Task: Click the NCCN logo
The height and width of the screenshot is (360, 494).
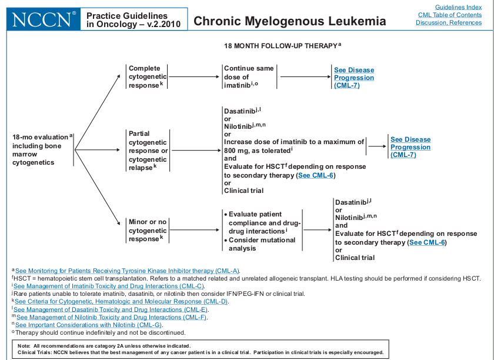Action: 42,19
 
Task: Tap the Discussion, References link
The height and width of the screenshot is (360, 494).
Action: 449,22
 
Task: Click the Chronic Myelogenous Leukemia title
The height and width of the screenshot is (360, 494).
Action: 289,21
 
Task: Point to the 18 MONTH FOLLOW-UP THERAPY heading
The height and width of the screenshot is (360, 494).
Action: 281,45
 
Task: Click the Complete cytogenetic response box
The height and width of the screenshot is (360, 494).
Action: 147,76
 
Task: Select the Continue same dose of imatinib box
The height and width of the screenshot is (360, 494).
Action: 248,76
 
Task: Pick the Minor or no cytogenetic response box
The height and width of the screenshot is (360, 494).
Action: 147,230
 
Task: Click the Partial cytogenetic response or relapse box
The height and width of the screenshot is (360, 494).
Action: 148,150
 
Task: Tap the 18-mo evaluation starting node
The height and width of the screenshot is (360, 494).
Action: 41,149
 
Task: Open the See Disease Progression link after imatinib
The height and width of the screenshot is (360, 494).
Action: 353,78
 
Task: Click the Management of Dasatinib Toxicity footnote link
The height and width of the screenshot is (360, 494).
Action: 111,309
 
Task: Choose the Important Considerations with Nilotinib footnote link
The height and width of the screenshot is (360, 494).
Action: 89,325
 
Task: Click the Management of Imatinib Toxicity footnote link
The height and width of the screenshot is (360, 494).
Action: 109,286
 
